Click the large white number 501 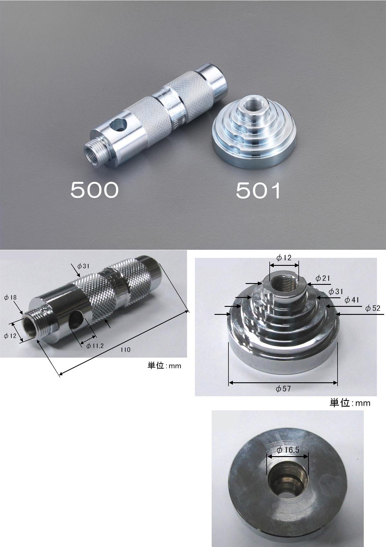click(258, 191)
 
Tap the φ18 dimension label click(10, 298)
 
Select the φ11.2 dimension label click(95, 346)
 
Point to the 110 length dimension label click(125, 350)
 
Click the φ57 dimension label click(283, 388)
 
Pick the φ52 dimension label click(372, 308)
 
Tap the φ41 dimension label click(352, 300)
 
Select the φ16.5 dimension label click(288, 450)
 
